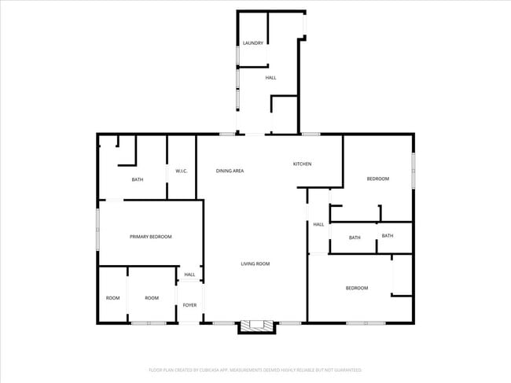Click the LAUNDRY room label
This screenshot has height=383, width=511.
[x=252, y=43]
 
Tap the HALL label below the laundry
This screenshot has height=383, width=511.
[x=270, y=78]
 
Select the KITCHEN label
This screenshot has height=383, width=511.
[x=303, y=164]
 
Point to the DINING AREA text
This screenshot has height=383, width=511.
[x=230, y=171]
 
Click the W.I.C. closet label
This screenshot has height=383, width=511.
[x=181, y=171]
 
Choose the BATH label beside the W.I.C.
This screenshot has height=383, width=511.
[x=138, y=180]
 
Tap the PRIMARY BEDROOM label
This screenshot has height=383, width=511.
[x=151, y=237]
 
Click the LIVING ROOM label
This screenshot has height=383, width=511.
[x=256, y=263]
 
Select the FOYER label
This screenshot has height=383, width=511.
[x=189, y=304]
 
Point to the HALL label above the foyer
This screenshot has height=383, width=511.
[x=189, y=274]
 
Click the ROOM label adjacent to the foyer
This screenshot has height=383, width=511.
[x=152, y=298]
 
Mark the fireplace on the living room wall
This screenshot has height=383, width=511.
[x=257, y=326]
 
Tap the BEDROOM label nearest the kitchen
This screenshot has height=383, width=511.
[x=378, y=179]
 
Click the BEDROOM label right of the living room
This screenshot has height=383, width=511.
[x=357, y=288]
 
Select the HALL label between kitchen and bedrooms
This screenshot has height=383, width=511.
[x=318, y=224]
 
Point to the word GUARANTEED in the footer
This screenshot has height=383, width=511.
[x=346, y=370]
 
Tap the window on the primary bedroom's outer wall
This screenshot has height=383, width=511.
[x=97, y=228]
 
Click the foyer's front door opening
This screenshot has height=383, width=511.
[x=190, y=322]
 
